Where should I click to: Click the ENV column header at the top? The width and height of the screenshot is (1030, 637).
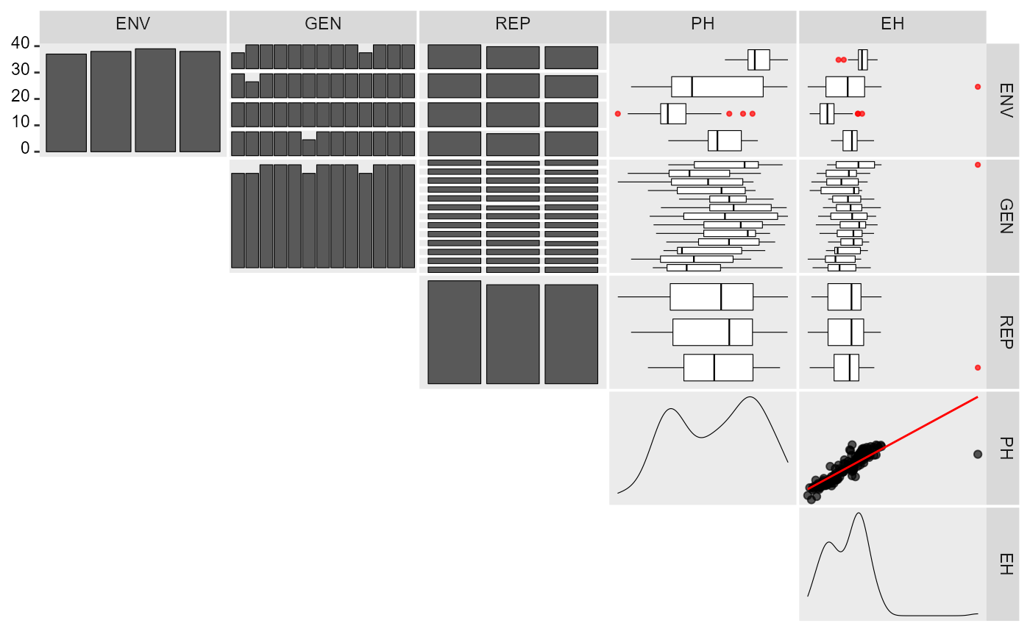[x=133, y=24]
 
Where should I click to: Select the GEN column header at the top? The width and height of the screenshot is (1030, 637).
[x=323, y=24]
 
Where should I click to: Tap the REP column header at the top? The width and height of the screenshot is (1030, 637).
[x=513, y=24]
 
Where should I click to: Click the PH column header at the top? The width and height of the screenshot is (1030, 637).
[x=703, y=24]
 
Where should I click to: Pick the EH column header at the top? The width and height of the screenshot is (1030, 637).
[x=892, y=24]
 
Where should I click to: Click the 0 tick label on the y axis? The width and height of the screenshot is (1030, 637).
[x=25, y=149]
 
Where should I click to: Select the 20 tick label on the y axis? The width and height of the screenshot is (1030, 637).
[x=21, y=96]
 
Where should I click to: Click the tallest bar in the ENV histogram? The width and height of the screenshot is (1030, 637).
[x=155, y=100]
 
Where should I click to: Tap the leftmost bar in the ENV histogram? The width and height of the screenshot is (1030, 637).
[x=66, y=103]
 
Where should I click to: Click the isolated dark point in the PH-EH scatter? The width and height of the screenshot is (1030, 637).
[x=978, y=454]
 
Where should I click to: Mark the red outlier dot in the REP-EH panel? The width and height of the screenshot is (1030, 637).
[x=978, y=368]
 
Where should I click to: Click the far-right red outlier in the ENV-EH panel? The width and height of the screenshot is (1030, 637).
[x=978, y=87]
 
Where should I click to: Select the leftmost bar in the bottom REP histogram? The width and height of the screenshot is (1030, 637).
[x=455, y=332]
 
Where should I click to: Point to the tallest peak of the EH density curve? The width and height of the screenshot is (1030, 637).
[x=859, y=513]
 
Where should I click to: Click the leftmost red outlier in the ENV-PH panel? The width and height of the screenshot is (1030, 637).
[x=617, y=113]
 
